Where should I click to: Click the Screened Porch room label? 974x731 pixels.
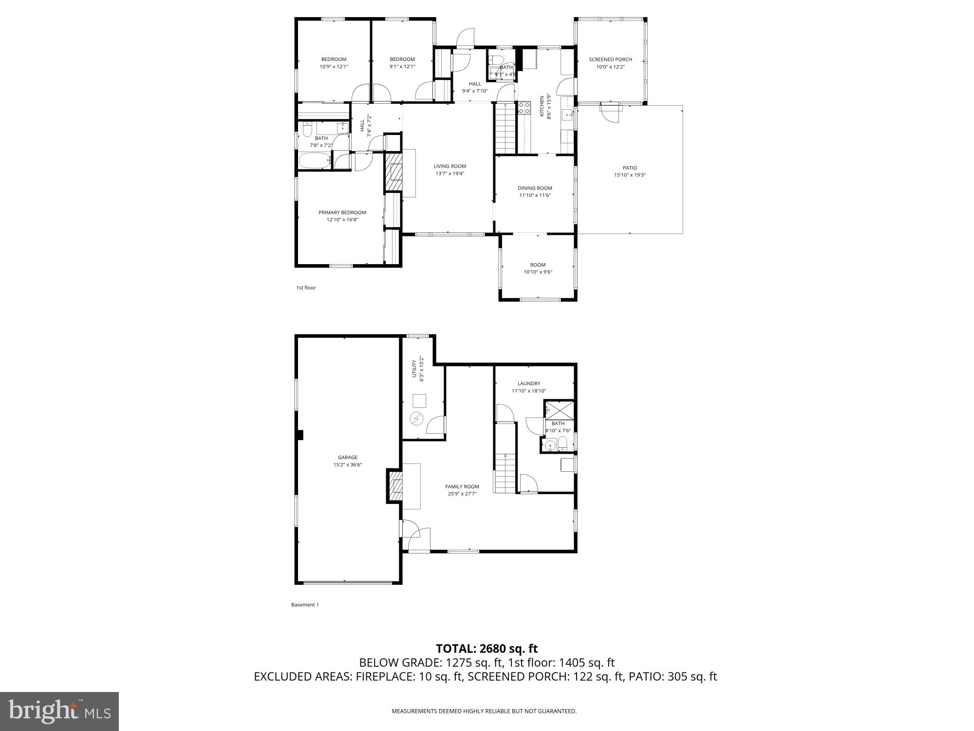coord(610,59)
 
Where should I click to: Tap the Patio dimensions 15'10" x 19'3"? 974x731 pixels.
coord(630,175)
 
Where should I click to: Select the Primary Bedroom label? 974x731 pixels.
coord(342,212)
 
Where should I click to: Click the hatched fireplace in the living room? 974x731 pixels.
coord(394,172)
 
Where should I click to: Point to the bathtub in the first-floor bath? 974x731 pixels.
coord(314,161)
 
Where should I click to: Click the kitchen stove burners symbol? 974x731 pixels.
coord(524,108)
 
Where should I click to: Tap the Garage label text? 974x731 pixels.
coord(348,457)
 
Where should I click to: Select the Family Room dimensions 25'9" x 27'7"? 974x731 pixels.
coord(462,494)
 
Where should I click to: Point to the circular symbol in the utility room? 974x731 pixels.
coord(416,418)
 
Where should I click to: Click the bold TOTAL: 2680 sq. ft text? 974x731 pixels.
coord(487,649)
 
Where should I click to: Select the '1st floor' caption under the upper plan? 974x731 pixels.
coord(306,288)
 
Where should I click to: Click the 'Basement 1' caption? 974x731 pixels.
coord(305,605)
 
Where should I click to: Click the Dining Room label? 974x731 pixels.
coord(535,188)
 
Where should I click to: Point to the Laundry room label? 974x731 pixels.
coord(529,384)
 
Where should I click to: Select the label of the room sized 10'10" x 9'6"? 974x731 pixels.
coord(538,265)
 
